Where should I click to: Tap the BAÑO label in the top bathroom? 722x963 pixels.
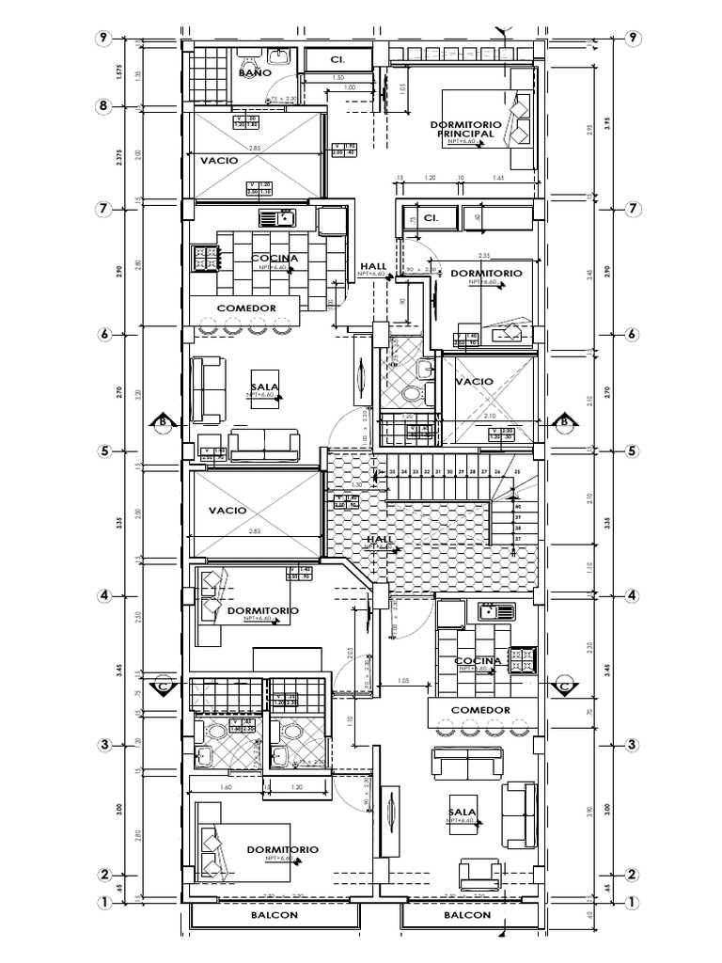[x=255, y=72]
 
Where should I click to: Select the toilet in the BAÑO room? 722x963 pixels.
[x=280, y=59]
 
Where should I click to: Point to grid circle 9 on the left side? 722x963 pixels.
[x=102, y=39]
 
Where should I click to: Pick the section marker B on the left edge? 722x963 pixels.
[x=163, y=422]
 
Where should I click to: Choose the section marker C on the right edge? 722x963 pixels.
[x=565, y=686]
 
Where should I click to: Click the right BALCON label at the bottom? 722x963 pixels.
[x=467, y=915]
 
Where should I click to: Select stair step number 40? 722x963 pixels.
[x=517, y=506]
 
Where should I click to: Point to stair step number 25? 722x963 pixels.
[x=516, y=470]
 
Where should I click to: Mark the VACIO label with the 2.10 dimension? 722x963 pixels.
[x=475, y=381]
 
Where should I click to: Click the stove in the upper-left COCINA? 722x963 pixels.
[x=202, y=256]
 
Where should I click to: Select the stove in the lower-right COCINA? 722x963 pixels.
[x=522, y=661]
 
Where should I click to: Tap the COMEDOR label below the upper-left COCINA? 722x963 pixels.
[x=245, y=308]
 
